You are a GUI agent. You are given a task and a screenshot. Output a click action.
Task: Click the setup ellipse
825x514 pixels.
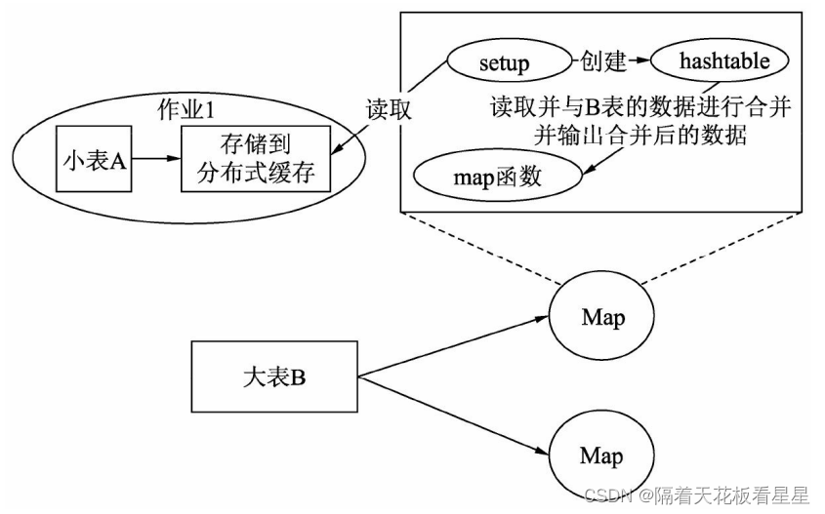click(x=504, y=63)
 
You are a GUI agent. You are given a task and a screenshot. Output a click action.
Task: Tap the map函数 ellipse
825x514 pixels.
click(x=498, y=178)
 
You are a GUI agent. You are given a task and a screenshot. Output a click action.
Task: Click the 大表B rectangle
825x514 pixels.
click(x=274, y=376)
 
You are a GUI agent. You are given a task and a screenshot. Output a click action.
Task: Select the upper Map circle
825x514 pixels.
click(x=601, y=317)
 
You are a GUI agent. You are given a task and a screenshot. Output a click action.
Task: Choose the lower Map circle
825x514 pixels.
click(x=601, y=455)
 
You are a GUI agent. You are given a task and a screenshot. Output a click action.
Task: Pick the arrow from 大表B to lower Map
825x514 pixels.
click(x=449, y=413)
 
